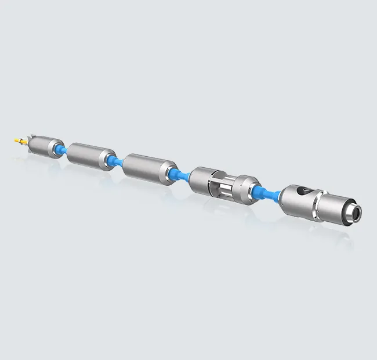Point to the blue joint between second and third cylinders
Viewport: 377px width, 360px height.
coord(117,162)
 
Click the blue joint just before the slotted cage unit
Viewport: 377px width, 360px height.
coord(181,175)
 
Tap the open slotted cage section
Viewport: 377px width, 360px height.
coord(223,186)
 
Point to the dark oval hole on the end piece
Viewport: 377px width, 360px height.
coord(299,191)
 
